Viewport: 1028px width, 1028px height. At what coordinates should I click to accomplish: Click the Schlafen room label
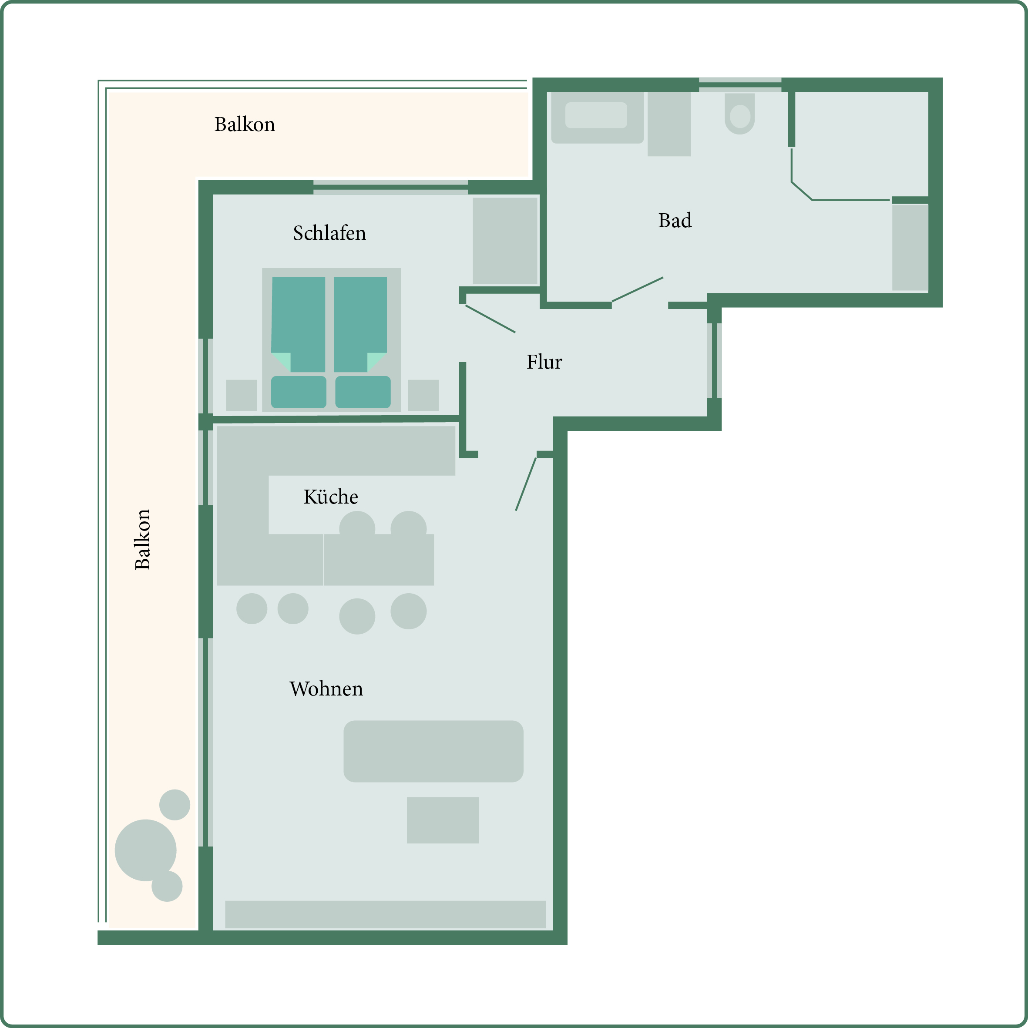(x=329, y=233)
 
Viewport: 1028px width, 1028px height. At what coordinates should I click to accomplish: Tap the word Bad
(x=675, y=220)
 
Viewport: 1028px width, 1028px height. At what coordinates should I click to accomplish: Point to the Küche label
(x=330, y=497)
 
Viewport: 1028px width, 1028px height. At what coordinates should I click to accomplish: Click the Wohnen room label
(x=326, y=689)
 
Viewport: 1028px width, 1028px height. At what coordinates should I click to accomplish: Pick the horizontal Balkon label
(x=245, y=124)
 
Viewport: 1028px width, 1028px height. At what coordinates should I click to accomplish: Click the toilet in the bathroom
(x=739, y=113)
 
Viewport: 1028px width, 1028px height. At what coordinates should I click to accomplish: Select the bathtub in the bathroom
(x=598, y=118)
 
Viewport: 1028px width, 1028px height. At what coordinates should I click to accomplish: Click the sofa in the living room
(x=433, y=751)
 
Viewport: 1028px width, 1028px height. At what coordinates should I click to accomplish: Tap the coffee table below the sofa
(x=443, y=820)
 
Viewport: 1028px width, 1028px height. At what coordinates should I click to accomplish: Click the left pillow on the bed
(x=299, y=392)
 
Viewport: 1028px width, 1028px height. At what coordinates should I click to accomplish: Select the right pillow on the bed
(x=363, y=392)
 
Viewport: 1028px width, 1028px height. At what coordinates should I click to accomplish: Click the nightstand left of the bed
(x=242, y=395)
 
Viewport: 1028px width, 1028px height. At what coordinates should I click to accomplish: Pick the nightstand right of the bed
(x=423, y=395)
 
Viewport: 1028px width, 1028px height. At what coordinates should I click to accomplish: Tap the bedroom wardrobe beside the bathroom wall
(x=505, y=241)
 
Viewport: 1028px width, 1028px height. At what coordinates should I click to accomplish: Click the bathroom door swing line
(x=638, y=289)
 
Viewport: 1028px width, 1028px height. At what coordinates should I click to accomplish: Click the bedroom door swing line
(x=490, y=319)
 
